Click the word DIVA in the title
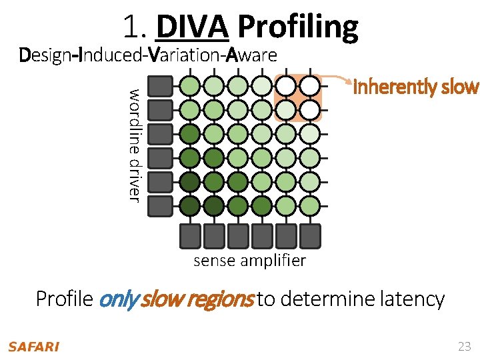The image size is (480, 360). pyautogui.click(x=192, y=27)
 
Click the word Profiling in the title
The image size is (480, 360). pyautogui.click(x=297, y=28)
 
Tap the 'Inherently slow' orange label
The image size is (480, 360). pyautogui.click(x=415, y=87)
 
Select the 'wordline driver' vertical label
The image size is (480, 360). pyautogui.click(x=134, y=145)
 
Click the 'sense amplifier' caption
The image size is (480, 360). pyautogui.click(x=249, y=261)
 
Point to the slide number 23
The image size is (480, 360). pyautogui.click(x=464, y=346)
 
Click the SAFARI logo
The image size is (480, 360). pyautogui.click(x=33, y=347)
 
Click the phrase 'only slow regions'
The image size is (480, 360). pyautogui.click(x=176, y=299)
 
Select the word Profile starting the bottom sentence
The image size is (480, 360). pyautogui.click(x=65, y=299)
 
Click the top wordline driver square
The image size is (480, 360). pyautogui.click(x=159, y=87)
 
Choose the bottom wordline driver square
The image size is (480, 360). pyautogui.click(x=159, y=206)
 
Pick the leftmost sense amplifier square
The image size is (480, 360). pyautogui.click(x=191, y=235)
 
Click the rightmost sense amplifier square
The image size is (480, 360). pyautogui.click(x=310, y=235)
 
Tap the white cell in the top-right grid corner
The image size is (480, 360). pyautogui.click(x=309, y=86)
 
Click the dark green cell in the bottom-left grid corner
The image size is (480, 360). pyautogui.click(x=190, y=205)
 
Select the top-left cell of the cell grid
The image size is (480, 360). pyautogui.click(x=190, y=86)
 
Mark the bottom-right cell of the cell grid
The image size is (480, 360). pyautogui.click(x=309, y=205)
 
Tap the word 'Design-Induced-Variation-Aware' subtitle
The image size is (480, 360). pyautogui.click(x=149, y=55)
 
